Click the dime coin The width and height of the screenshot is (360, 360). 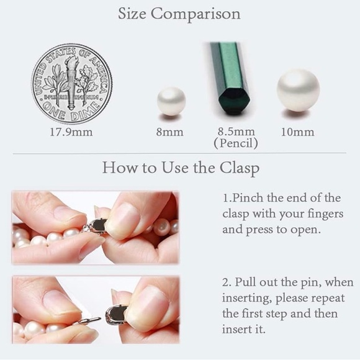tap(71, 84)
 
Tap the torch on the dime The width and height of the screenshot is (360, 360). tap(71, 82)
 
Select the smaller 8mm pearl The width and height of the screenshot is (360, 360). tap(171, 101)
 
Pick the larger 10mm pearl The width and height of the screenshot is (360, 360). tap(298, 90)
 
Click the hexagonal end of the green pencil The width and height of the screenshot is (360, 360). tap(234, 101)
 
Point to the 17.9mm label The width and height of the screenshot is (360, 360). tap(71, 132)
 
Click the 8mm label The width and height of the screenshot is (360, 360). tap(170, 132)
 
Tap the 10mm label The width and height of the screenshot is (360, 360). tap(298, 132)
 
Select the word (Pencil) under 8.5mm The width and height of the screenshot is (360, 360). tap(236, 143)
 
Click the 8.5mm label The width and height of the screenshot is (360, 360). tap(236, 132)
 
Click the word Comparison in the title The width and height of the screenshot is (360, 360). tap(196, 14)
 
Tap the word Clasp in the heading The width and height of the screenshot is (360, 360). tap(240, 168)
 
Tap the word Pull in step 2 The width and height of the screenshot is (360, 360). tap(245, 282)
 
